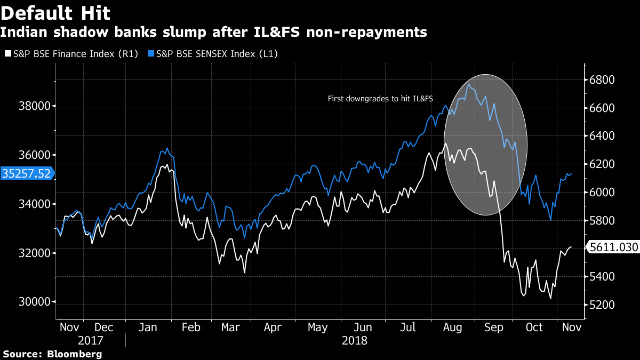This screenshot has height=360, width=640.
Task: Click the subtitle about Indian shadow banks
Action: click(x=213, y=32)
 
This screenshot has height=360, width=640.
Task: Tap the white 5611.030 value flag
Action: click(x=612, y=247)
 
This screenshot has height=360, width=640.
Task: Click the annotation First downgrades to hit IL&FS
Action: click(x=380, y=99)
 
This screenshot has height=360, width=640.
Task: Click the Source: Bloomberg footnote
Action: click(x=52, y=354)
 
